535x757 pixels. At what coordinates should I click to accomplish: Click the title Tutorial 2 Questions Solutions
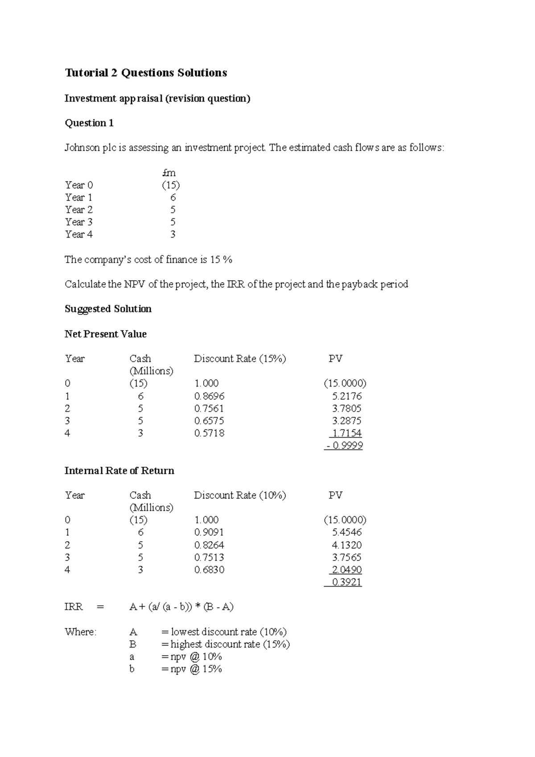pos(146,73)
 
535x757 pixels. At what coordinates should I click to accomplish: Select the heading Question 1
pos(89,123)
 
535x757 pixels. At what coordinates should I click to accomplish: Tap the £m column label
pos(169,173)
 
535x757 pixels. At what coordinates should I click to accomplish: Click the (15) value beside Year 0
pos(171,185)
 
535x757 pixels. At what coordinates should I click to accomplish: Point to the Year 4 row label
pos(79,235)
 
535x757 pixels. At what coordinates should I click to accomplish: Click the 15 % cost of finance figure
pos(221,259)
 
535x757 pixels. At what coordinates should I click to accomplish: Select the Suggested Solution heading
pos(108,309)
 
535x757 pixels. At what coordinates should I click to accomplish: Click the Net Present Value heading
pos(105,334)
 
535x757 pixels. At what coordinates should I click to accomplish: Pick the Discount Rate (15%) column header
pos(240,359)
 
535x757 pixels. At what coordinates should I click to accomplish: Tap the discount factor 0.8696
pos(209,396)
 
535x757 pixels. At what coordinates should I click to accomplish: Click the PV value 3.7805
pos(346,408)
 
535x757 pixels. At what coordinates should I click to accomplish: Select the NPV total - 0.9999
pos(344,445)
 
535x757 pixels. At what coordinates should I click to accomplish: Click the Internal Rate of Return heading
pos(119,471)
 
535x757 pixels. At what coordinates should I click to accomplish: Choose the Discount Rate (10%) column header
pos(240,495)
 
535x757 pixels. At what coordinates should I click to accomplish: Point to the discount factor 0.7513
pos(209,557)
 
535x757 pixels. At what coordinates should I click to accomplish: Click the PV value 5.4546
pos(346,532)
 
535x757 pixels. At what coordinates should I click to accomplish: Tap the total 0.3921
pos(346,582)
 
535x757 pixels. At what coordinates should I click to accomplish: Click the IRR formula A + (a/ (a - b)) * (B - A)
pos(181,607)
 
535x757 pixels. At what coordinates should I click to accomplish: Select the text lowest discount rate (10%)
pos(228,632)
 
